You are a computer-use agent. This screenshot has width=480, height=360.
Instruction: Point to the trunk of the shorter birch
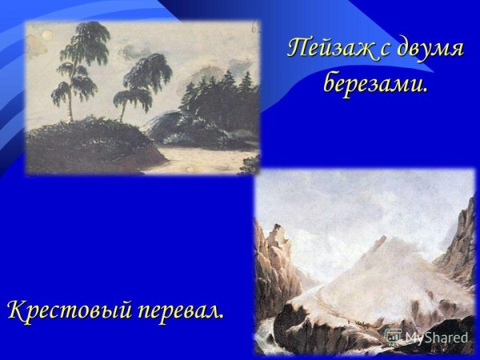(x=125, y=110)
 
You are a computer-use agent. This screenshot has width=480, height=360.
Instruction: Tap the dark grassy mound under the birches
(x=80, y=144)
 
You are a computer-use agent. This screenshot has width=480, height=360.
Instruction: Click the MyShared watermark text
(x=436, y=338)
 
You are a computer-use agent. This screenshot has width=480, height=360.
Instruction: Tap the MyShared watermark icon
(x=393, y=337)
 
